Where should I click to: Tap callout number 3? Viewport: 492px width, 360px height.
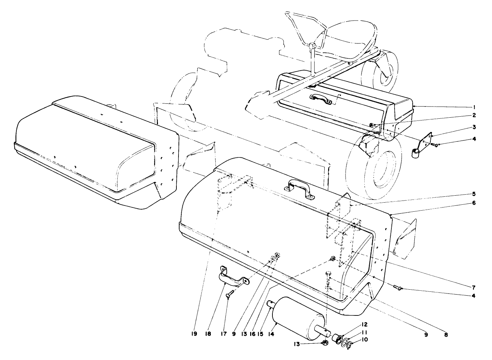[x=474, y=127]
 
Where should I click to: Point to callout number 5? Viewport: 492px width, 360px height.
[x=474, y=194]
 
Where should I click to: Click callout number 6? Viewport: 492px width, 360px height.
[x=474, y=203]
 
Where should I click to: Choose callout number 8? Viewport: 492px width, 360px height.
[x=446, y=335]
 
